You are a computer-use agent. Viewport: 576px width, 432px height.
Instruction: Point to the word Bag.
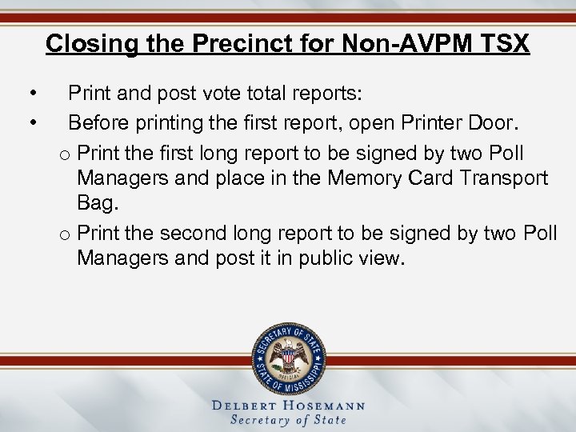pyautogui.click(x=98, y=204)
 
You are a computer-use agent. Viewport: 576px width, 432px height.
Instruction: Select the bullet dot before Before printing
pyautogui.click(x=31, y=124)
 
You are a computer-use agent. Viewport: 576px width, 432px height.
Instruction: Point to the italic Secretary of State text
pyautogui.click(x=288, y=420)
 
